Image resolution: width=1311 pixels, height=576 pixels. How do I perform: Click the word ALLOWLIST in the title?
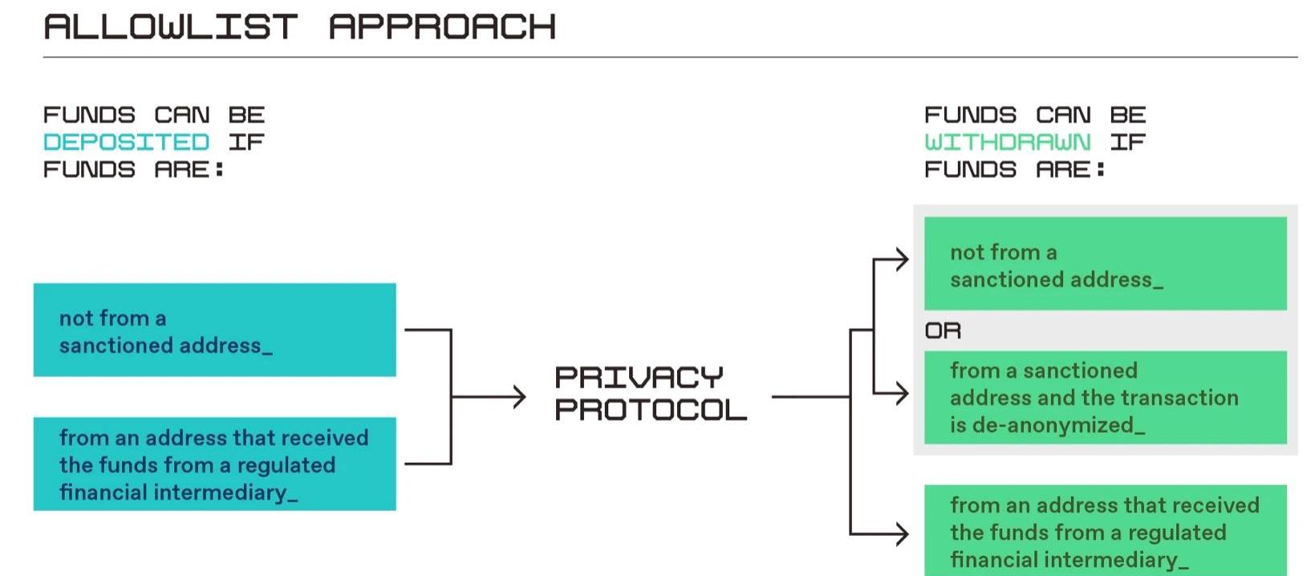(x=171, y=27)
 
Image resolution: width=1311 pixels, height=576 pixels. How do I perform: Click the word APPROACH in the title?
(x=442, y=27)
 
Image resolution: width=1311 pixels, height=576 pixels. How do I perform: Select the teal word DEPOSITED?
(x=127, y=142)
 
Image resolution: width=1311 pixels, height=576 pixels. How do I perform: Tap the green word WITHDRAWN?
(x=1007, y=142)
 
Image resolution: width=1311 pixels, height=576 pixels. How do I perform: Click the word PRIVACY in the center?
(x=639, y=378)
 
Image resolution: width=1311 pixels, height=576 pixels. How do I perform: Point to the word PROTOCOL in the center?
(x=651, y=410)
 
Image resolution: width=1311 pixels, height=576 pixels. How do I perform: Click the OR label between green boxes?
(x=943, y=331)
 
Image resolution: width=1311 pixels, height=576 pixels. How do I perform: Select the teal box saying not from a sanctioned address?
(x=215, y=331)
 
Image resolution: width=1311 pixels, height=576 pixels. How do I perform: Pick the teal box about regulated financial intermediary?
(x=215, y=464)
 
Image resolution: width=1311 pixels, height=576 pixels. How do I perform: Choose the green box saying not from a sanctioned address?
(x=1106, y=263)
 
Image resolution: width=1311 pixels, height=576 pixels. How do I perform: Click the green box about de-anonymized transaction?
(x=1106, y=397)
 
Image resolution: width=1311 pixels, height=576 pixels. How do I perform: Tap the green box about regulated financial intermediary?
(x=1106, y=530)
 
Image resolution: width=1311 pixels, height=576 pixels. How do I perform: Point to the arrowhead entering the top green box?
(x=902, y=259)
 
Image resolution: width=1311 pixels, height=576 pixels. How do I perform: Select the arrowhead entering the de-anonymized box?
(x=902, y=393)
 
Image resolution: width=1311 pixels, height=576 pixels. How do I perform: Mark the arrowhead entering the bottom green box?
(x=902, y=533)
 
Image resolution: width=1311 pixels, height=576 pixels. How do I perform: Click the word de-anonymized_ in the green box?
(x=1058, y=425)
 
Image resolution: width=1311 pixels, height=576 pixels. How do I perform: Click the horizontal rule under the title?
(x=671, y=58)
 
